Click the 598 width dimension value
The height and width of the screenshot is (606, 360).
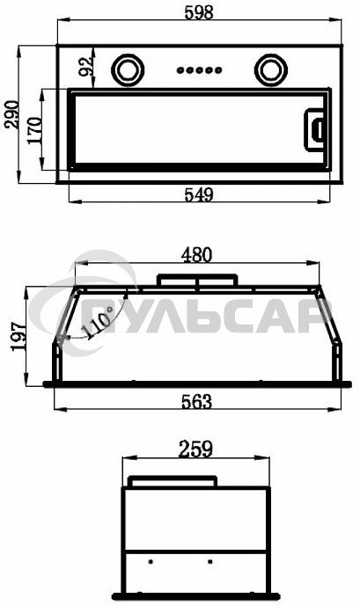[199, 12]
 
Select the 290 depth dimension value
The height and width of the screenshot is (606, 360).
[11, 114]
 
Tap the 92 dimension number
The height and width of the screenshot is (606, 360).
[86, 66]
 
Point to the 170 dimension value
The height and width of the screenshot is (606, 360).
[34, 130]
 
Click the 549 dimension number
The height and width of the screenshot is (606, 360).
[199, 194]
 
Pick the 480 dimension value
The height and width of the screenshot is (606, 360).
[197, 255]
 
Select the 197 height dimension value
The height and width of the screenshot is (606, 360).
[19, 336]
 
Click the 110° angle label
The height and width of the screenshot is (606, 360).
[98, 323]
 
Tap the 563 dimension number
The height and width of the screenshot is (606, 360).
[197, 402]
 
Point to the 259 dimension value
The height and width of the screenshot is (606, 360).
[195, 449]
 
